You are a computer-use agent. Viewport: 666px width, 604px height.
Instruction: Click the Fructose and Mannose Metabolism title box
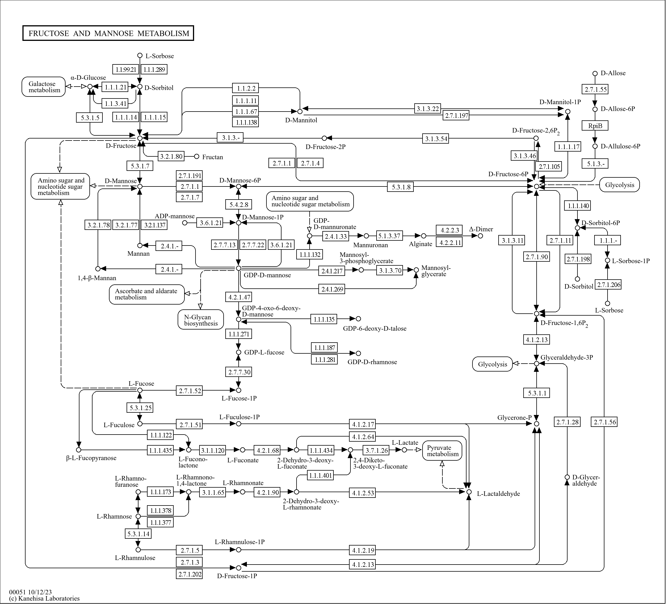pyautogui.click(x=108, y=33)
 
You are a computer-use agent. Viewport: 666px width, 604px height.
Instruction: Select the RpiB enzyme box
pyautogui.click(x=595, y=125)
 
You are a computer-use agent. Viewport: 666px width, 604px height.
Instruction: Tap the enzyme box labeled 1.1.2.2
pyautogui.click(x=245, y=88)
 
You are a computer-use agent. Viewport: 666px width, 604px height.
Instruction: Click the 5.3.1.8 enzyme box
pyautogui.click(x=401, y=187)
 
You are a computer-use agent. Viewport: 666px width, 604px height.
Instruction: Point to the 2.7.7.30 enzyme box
pyautogui.click(x=239, y=372)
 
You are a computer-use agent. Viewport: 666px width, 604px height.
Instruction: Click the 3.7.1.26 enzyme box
pyautogui.click(x=376, y=450)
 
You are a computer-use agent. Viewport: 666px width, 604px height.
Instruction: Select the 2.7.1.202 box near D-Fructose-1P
pyautogui.click(x=189, y=574)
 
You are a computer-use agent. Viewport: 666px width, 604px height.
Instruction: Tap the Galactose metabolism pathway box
pyautogui.click(x=44, y=87)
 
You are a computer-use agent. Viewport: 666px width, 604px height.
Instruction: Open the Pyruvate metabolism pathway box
pyautogui.click(x=442, y=451)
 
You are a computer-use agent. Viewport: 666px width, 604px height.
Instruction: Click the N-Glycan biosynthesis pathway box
pyautogui.click(x=201, y=320)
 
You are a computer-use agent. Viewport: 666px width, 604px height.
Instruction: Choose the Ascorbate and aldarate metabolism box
pyautogui.click(x=147, y=294)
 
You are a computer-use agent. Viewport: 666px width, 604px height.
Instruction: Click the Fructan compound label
pyautogui.click(x=213, y=157)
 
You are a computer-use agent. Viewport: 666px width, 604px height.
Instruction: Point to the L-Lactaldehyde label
pyautogui.click(x=499, y=494)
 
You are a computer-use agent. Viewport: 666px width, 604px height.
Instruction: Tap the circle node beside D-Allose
pyautogui.click(x=595, y=73)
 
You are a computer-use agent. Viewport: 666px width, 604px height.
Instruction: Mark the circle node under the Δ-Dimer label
pyautogui.click(x=480, y=236)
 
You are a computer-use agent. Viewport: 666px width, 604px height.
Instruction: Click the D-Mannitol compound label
pyautogui.click(x=301, y=120)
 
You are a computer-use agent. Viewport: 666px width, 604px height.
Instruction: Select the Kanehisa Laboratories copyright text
pyautogui.click(x=44, y=598)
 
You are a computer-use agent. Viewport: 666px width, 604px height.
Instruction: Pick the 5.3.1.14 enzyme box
pyautogui.click(x=138, y=534)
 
